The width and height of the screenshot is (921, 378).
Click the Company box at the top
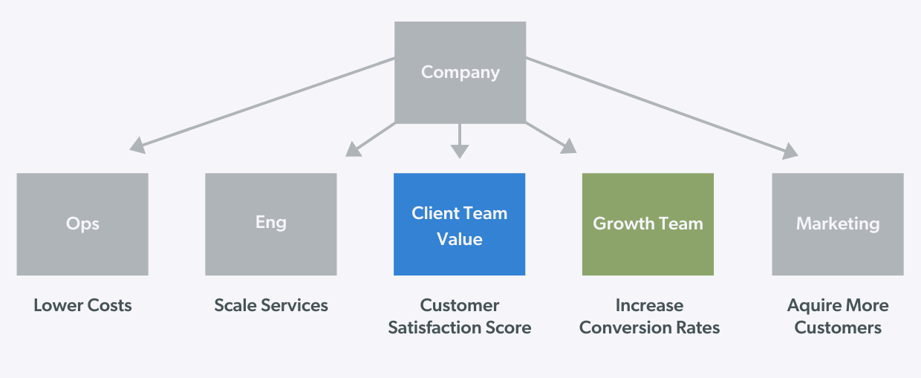[460, 72]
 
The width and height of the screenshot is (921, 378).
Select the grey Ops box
[82, 224]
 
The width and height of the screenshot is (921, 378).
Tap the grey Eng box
[270, 224]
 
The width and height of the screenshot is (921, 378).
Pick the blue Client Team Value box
[459, 224]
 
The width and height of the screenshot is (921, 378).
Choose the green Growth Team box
[648, 224]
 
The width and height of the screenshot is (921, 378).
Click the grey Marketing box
[838, 224]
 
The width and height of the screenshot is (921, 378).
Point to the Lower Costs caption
[82, 305]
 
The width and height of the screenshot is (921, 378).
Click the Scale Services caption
[271, 305]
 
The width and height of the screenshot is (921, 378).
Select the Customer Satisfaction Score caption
[460, 316]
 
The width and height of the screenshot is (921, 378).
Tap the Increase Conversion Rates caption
[649, 316]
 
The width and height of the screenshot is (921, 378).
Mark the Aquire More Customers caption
[838, 316]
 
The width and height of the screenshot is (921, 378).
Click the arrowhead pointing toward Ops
[137, 146]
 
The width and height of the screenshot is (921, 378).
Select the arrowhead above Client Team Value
[460, 151]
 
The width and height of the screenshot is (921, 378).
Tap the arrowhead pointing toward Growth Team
[568, 146]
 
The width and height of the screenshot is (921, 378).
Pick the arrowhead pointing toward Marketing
[790, 151]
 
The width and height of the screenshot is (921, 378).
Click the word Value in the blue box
[460, 239]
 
